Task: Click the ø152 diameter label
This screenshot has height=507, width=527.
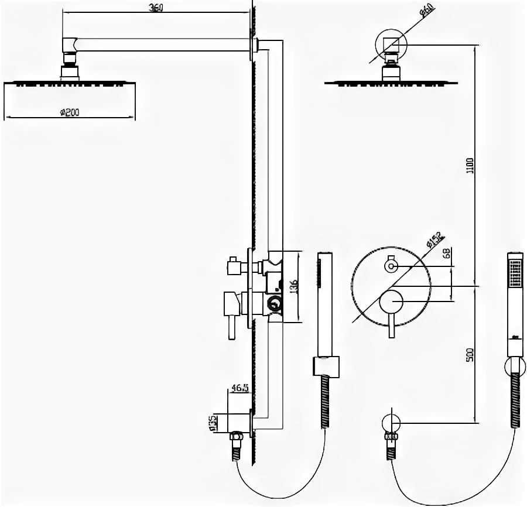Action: pos(436,240)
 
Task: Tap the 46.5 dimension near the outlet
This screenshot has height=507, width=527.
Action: pos(239,388)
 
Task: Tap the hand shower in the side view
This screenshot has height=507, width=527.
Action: pos(324,304)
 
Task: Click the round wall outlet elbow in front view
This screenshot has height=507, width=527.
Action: pos(391,423)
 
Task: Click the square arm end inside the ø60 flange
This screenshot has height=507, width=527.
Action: pos(391,44)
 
